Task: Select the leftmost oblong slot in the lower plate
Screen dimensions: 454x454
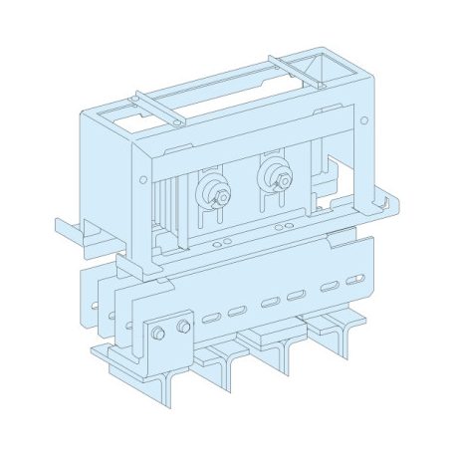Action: click(209, 320)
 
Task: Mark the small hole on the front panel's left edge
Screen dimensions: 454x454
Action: click(143, 180)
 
